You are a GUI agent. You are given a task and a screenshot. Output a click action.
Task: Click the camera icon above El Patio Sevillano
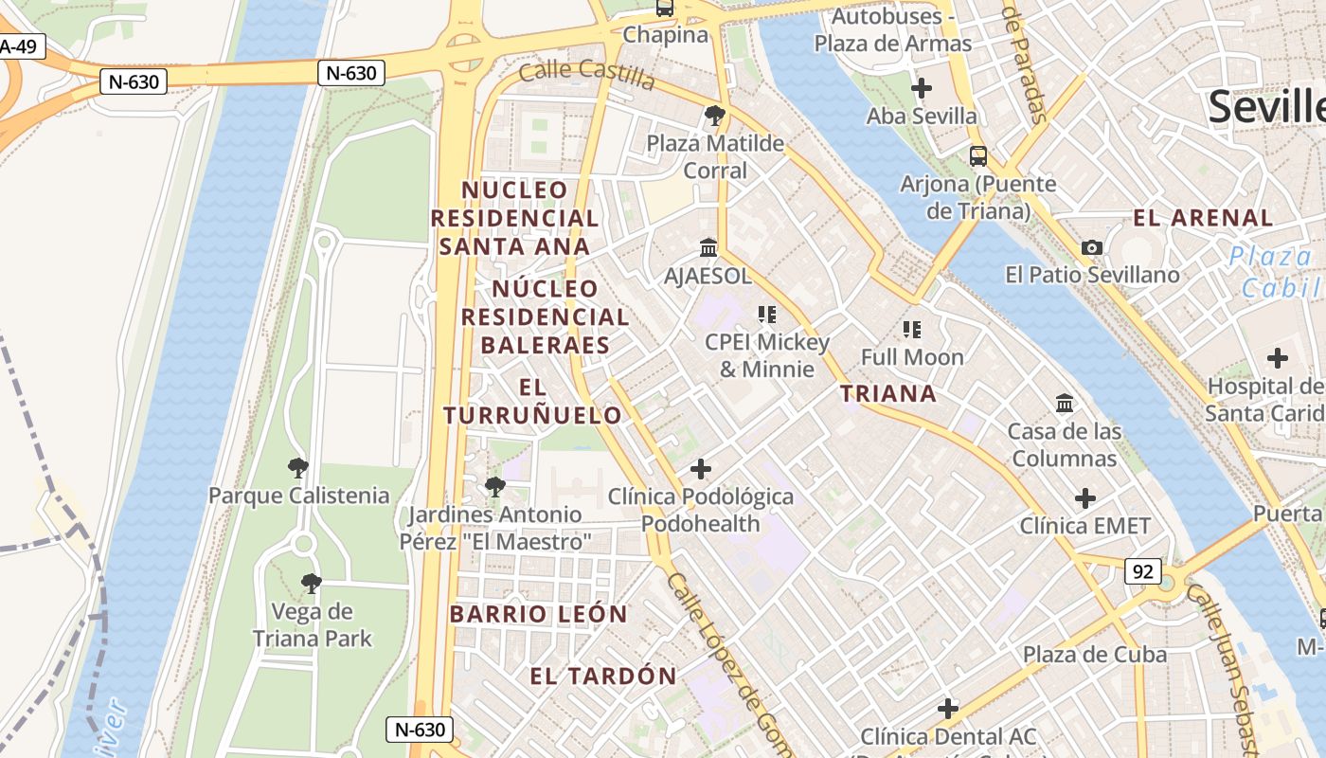click(x=1092, y=248)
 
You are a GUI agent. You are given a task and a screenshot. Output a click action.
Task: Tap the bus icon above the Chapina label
click(x=665, y=9)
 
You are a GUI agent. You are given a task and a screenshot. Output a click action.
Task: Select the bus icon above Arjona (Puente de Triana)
click(x=978, y=156)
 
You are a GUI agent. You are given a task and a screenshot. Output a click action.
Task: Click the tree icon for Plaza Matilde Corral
click(x=715, y=117)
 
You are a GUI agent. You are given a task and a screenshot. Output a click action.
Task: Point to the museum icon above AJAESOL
click(x=708, y=248)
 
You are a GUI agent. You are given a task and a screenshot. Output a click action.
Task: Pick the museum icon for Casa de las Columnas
click(x=1065, y=404)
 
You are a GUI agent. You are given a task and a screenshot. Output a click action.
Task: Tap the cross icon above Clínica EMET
click(x=1085, y=498)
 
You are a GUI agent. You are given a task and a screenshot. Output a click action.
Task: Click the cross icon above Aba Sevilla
click(x=921, y=89)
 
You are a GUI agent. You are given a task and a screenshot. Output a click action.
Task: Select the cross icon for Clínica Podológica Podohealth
click(x=701, y=469)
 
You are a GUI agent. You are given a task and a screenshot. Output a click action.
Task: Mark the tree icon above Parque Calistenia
click(x=298, y=467)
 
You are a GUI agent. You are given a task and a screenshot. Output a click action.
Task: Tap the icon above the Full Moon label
click(x=912, y=330)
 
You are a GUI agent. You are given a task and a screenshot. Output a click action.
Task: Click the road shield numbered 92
click(x=1143, y=571)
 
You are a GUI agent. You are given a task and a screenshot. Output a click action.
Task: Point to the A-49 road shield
click(x=19, y=46)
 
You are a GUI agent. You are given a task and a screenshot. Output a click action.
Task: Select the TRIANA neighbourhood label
click(x=888, y=393)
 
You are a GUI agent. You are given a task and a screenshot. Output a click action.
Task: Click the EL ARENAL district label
click(x=1203, y=218)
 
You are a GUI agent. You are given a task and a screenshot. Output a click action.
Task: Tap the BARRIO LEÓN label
click(x=539, y=614)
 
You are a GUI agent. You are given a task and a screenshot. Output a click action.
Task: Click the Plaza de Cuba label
click(x=1094, y=655)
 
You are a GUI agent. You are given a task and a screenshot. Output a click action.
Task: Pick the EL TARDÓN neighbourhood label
click(x=603, y=676)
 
